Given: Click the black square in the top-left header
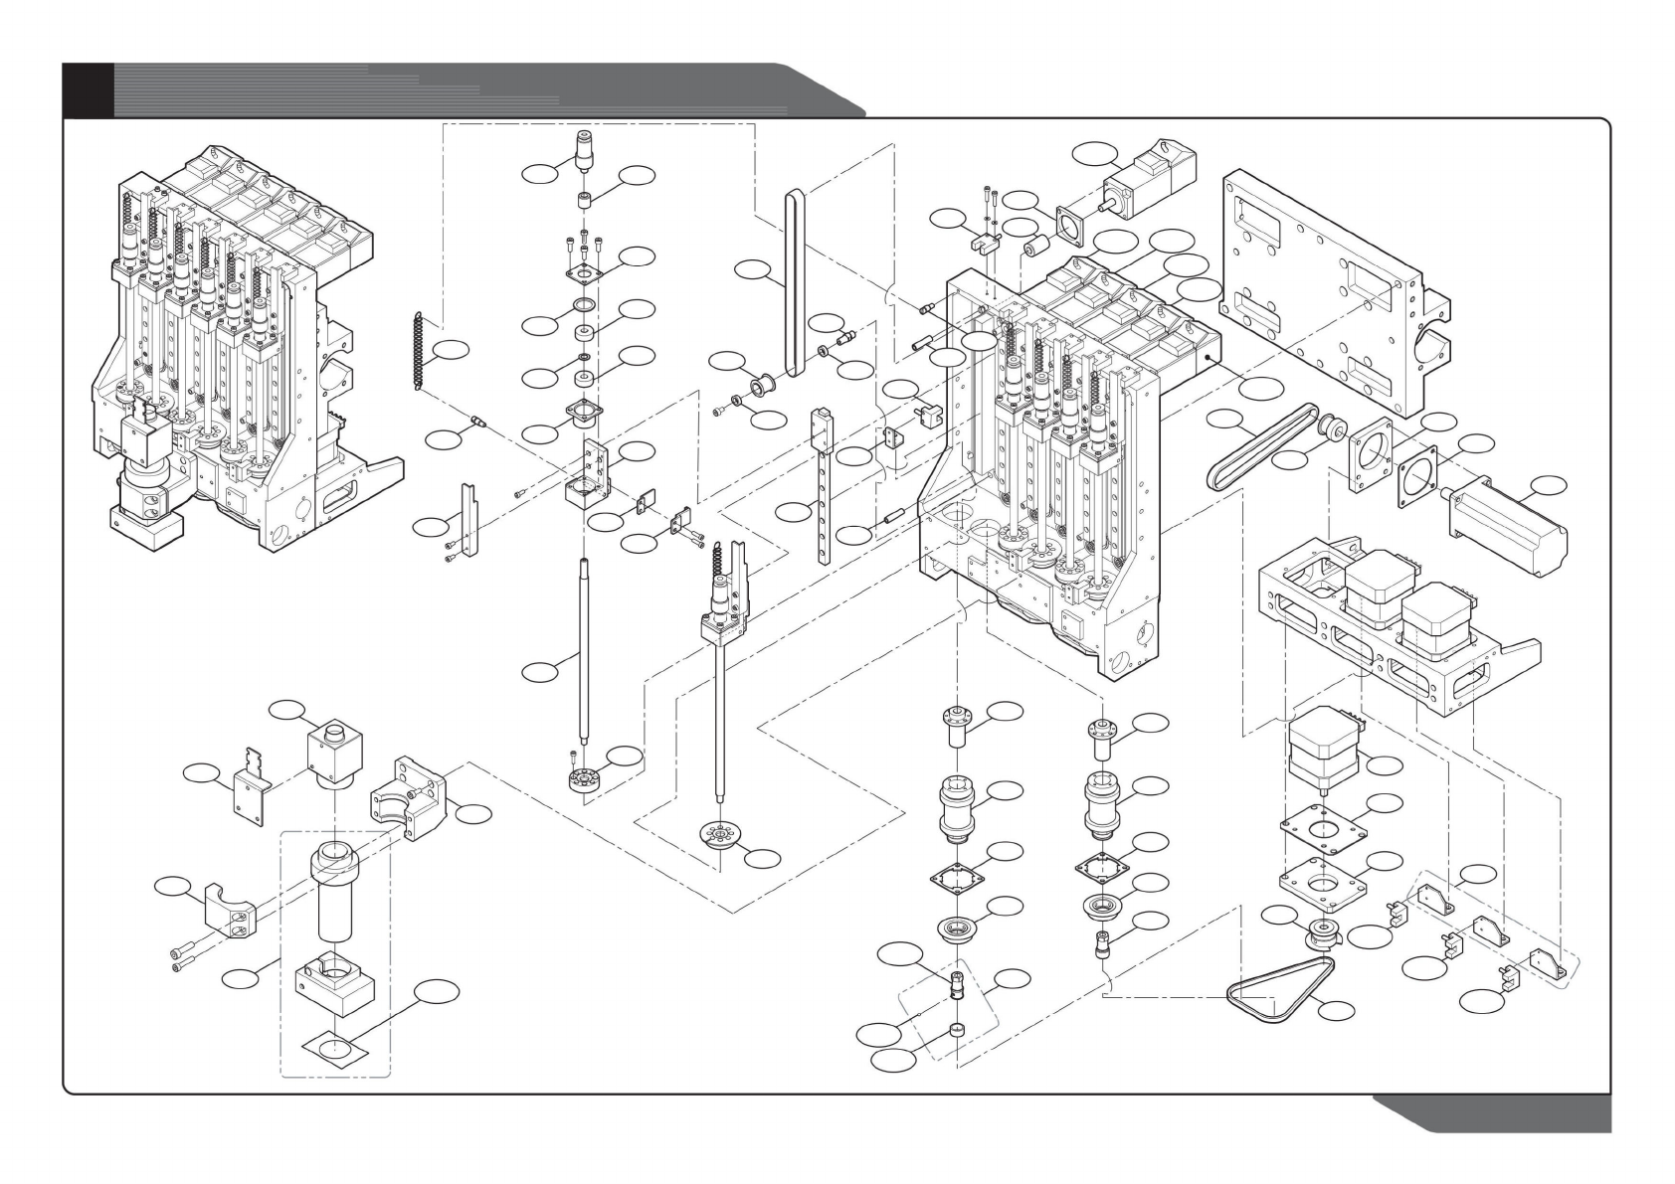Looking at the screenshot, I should (x=88, y=89).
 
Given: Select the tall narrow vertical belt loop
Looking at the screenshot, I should (x=794, y=283).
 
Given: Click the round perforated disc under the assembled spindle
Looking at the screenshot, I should (x=722, y=835).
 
